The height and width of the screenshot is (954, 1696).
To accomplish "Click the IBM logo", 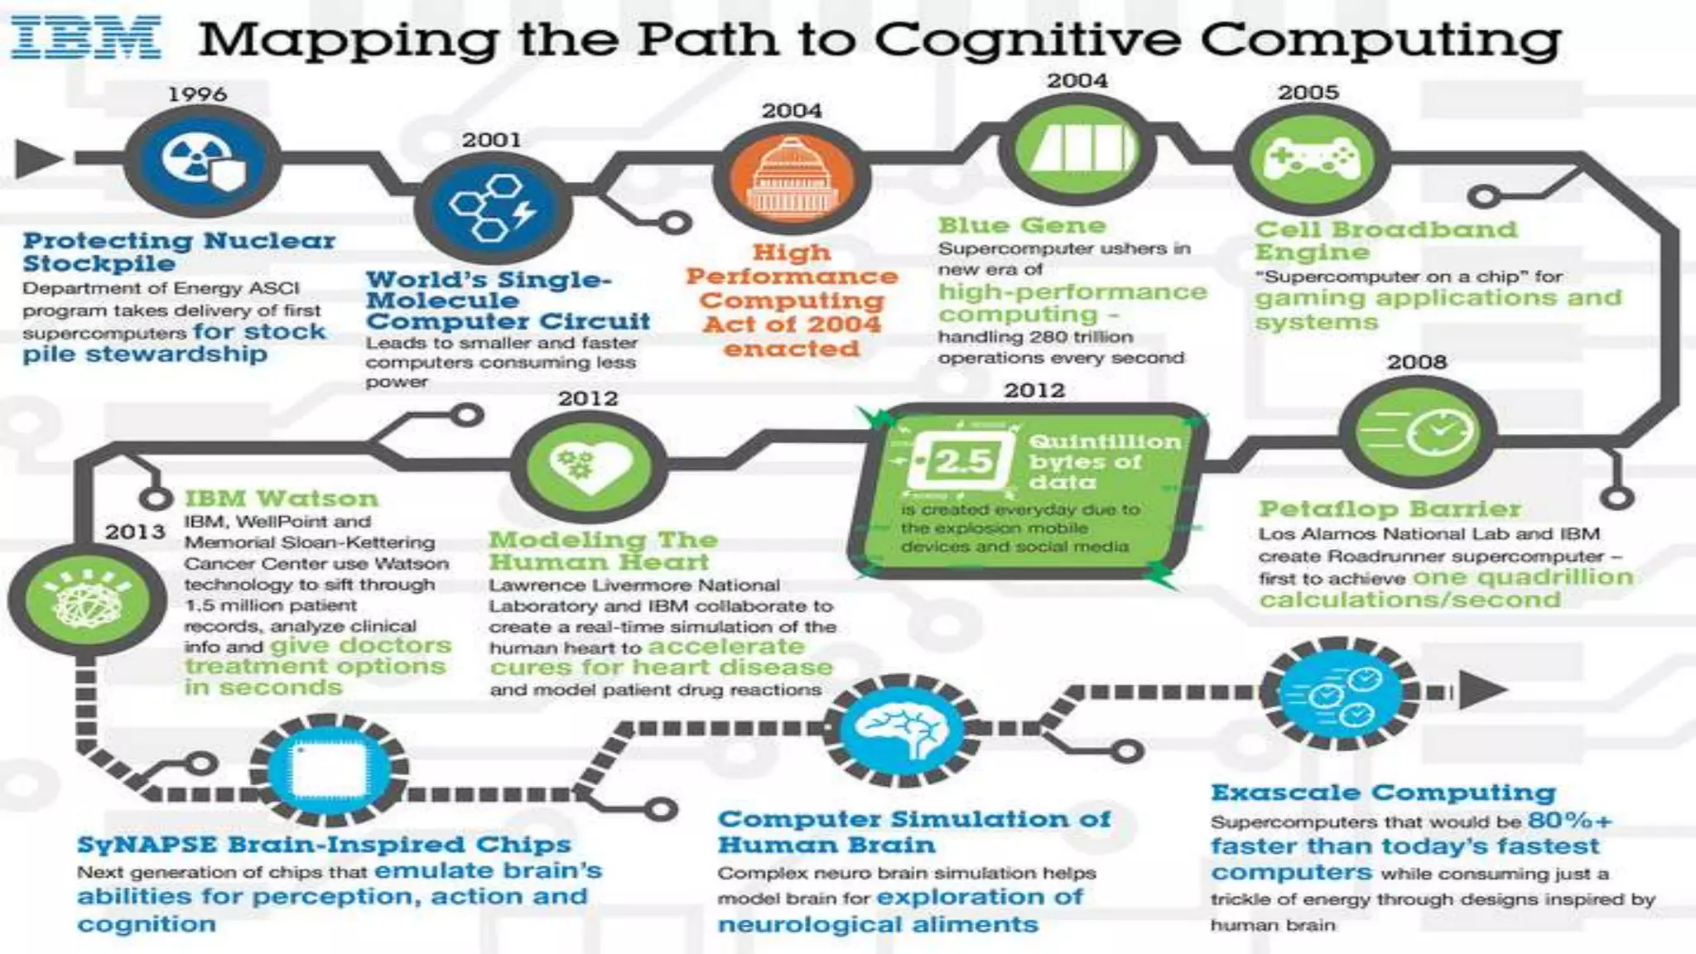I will click(x=85, y=39).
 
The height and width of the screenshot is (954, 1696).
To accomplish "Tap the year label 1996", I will click(x=197, y=94).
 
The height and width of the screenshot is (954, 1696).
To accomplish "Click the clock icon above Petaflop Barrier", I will click(x=1418, y=431).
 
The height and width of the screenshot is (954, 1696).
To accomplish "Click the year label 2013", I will click(x=135, y=532).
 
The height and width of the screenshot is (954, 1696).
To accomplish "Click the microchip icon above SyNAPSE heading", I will click(x=328, y=770).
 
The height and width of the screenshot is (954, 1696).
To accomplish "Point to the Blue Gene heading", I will click(x=1022, y=225).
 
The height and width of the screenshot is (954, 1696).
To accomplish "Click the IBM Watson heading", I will click(x=281, y=499).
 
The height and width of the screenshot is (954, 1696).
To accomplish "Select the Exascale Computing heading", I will click(x=1383, y=793).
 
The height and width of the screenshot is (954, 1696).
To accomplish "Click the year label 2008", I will click(x=1417, y=362).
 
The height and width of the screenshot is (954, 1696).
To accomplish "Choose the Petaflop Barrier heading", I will click(x=1390, y=508).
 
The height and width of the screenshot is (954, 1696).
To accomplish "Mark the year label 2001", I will click(x=492, y=140).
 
